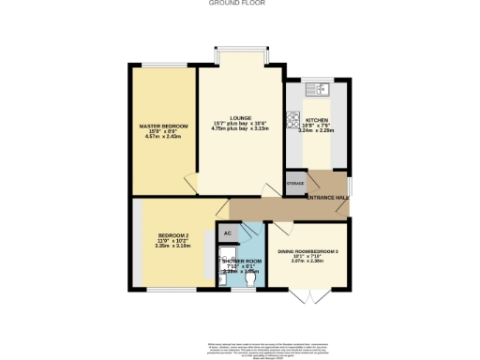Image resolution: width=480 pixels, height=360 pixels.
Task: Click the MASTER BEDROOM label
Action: coord(164,126)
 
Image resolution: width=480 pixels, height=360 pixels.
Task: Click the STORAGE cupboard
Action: coord(295,184)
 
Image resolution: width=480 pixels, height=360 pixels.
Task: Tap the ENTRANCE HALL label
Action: coord(329,198)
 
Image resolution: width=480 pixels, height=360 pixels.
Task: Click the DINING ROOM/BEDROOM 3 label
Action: coord(307,251)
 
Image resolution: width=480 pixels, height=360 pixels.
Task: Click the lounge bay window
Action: coord(240,56)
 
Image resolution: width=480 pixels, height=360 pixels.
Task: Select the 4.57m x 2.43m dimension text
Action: coord(164,137)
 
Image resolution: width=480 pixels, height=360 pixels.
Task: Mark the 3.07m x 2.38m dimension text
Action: coord(307,262)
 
